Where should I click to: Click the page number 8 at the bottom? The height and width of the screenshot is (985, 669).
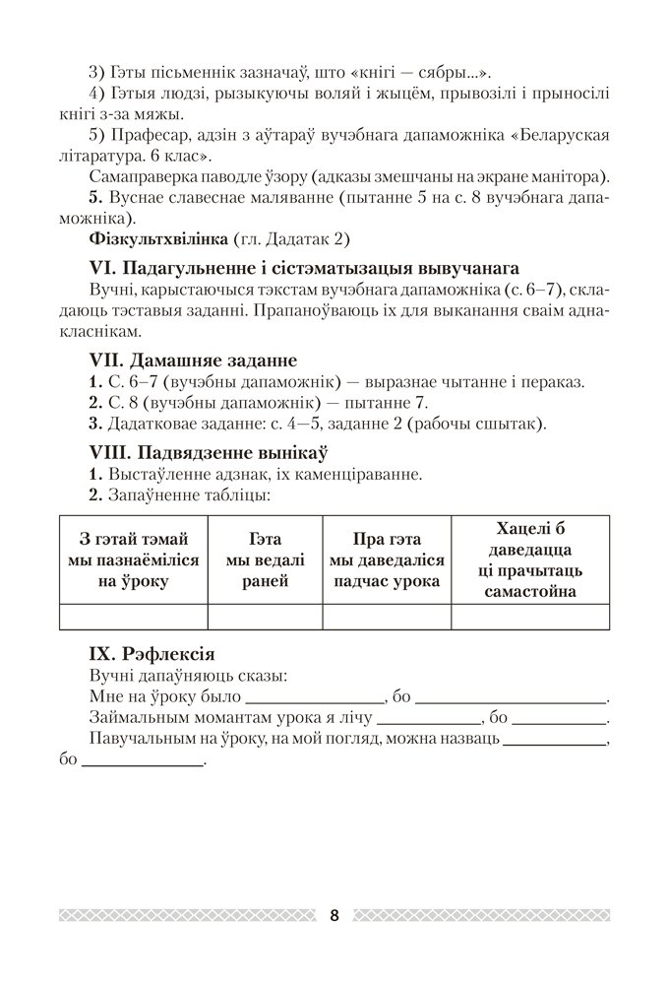[x=334, y=915]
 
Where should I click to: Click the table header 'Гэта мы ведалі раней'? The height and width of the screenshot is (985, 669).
[x=265, y=559]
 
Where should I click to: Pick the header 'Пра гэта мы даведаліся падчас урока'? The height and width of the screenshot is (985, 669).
[x=387, y=559]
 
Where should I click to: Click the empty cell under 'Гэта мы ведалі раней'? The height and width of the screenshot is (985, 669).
[x=265, y=617]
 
